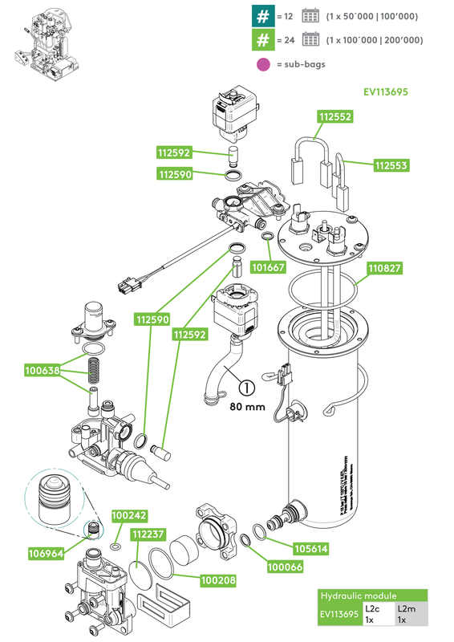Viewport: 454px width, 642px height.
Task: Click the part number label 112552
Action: (x=335, y=116)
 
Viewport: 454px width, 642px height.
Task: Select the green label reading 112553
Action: (x=391, y=165)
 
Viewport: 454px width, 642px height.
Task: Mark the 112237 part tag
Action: (x=149, y=534)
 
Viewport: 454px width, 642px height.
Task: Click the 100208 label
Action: (x=217, y=579)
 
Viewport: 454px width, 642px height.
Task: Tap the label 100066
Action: (x=284, y=568)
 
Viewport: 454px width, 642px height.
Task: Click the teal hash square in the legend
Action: (x=261, y=16)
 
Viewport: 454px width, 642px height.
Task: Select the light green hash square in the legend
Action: (x=261, y=40)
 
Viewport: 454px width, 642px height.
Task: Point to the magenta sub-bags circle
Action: (x=261, y=64)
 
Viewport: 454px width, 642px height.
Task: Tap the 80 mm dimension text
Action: (x=246, y=407)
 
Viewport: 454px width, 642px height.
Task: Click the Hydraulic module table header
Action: (x=371, y=596)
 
